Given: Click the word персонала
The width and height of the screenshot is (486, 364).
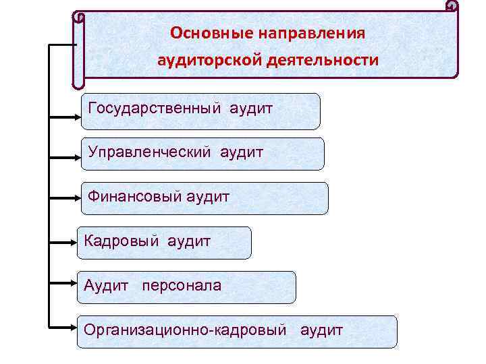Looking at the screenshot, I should coord(181,286).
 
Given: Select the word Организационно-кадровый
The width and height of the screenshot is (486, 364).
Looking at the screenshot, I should coord(186,330).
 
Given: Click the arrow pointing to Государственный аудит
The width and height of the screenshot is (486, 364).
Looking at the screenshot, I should coord(65,116).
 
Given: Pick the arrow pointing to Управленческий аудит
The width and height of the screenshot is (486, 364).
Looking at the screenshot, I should coord(65,159).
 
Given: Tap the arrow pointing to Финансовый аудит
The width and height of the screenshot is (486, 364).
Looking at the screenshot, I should coord(65,199).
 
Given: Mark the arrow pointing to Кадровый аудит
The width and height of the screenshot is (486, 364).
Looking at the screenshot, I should coord(65,240).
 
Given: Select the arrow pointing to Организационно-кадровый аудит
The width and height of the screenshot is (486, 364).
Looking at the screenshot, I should coord(65,328).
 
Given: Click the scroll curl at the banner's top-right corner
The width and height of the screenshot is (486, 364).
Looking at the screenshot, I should coord(452,7).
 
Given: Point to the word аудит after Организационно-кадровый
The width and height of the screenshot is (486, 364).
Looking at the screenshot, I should coord(321,330).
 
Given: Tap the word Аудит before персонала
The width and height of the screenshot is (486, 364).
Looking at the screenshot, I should coord(106,286).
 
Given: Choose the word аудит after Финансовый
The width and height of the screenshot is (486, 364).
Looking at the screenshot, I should coord(207,197).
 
